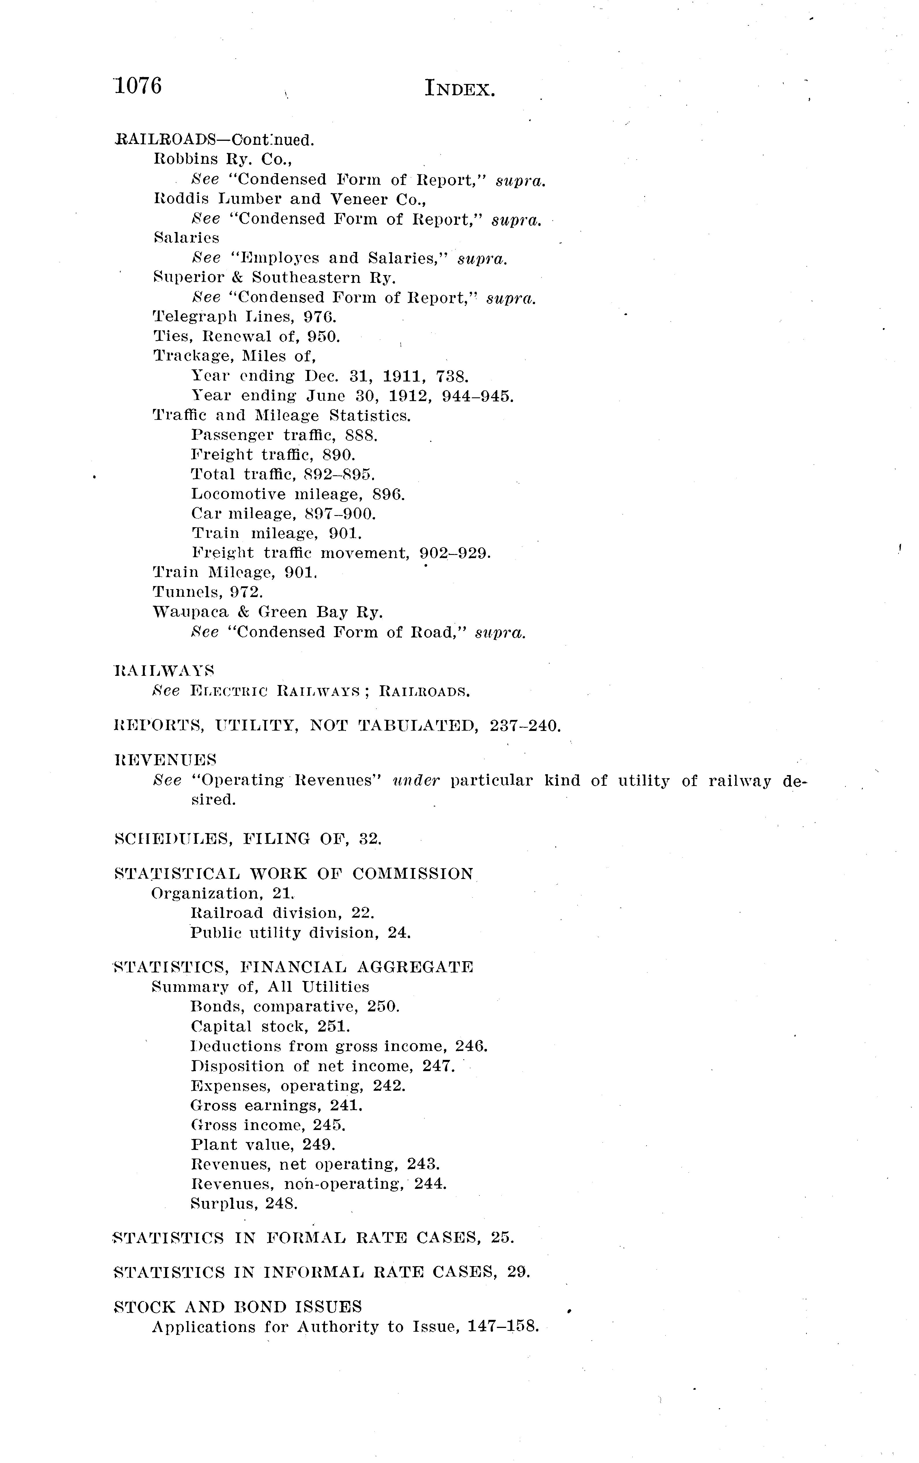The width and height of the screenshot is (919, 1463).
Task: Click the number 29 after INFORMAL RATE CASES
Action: (x=518, y=1272)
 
